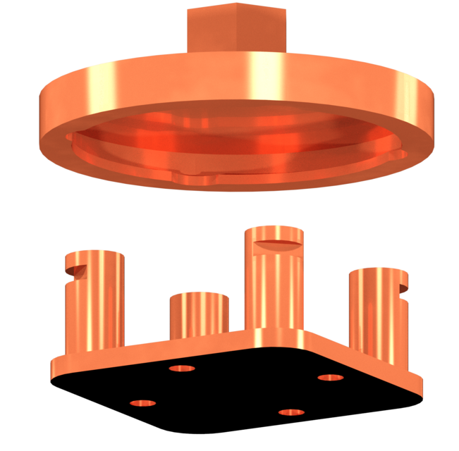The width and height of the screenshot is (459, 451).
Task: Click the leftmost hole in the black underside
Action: pos(144,402)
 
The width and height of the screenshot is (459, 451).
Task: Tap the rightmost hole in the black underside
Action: pos(329,378)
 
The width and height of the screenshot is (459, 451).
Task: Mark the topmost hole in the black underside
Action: pos(185,368)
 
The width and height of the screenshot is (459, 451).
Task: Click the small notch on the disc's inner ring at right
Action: pos(399,152)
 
